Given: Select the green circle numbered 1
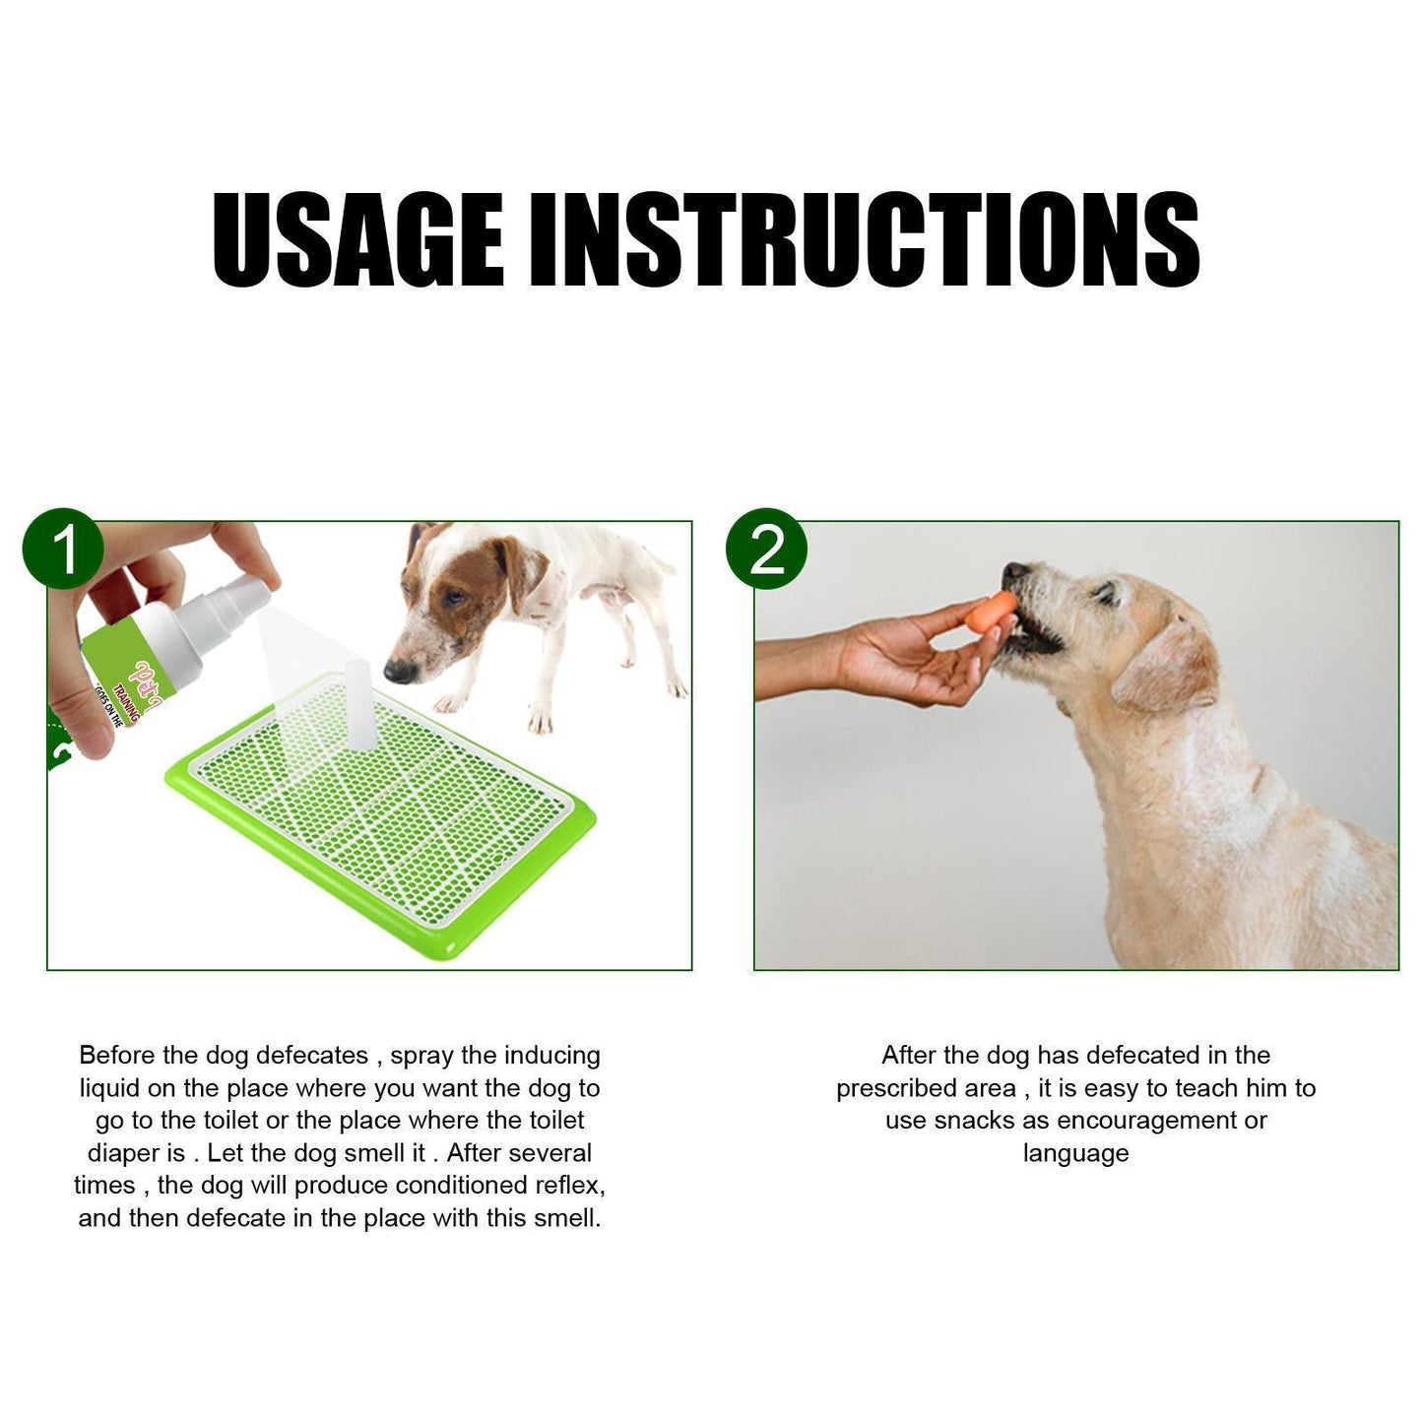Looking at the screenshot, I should pos(63,549).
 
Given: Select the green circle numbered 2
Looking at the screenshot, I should pos(765,549).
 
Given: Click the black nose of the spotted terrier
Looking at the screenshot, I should pos(398,672).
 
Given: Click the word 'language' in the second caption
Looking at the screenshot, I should pos(1075,1152).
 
